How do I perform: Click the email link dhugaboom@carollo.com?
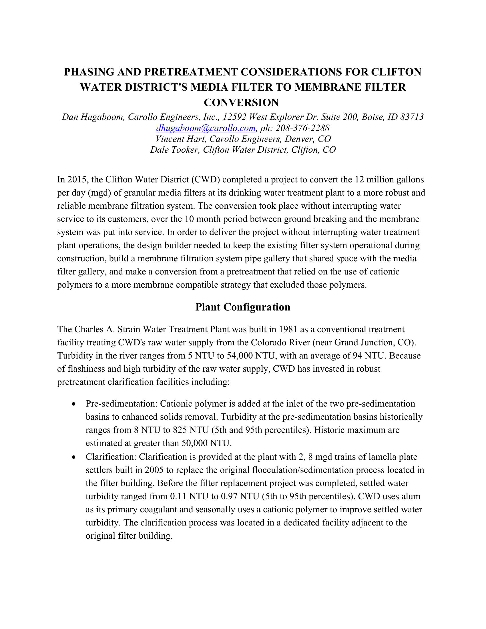[x=206, y=128]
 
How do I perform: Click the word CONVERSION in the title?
[x=241, y=103]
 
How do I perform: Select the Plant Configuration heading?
[x=243, y=307]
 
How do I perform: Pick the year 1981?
[x=293, y=329]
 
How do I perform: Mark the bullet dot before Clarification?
[x=75, y=457]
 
